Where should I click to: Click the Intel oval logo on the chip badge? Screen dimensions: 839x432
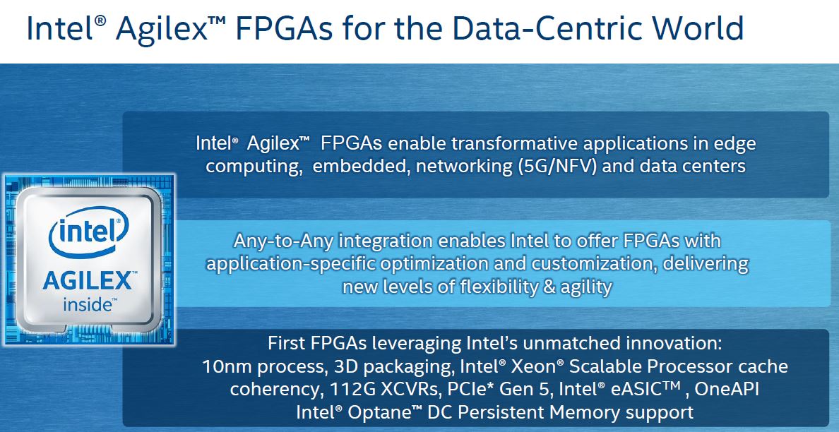[89, 231]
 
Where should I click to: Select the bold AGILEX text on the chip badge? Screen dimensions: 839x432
[87, 281]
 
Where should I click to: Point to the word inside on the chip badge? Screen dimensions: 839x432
[87, 305]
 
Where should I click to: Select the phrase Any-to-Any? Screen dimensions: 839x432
[276, 241]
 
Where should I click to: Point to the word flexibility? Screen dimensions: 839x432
[496, 287]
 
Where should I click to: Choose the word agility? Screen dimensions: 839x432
[586, 287]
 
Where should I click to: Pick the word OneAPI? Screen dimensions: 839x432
[727, 389]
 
